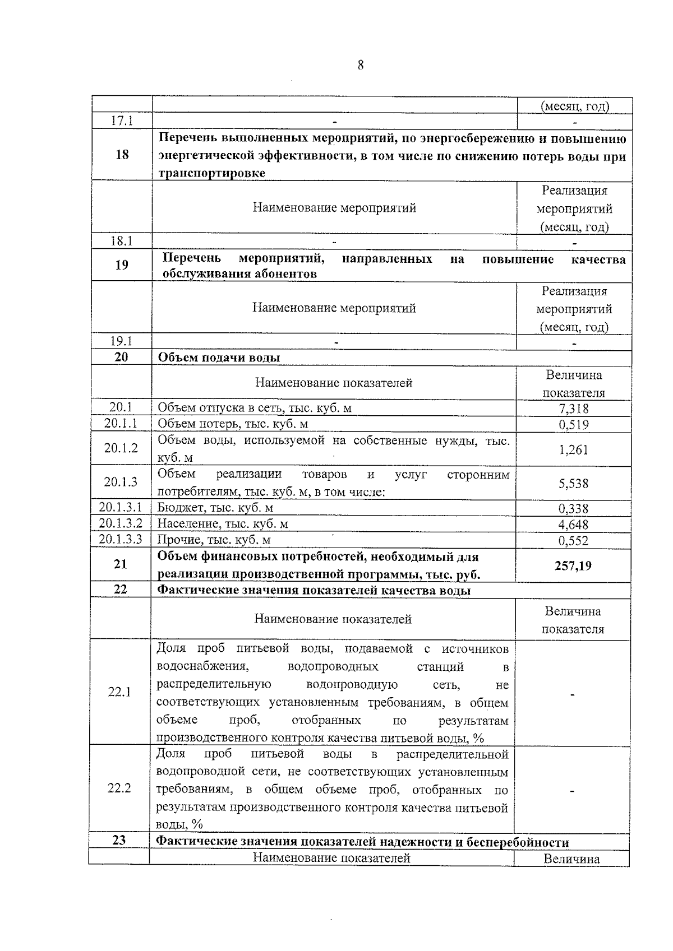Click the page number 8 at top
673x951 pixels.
click(x=361, y=66)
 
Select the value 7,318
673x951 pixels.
click(x=573, y=409)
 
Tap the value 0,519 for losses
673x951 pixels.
click(x=573, y=424)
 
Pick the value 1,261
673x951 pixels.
click(x=573, y=449)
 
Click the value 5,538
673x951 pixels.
click(x=573, y=483)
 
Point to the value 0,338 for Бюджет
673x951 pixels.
click(x=573, y=509)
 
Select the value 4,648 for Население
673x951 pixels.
click(x=573, y=525)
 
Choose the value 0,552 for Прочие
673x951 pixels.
click(x=573, y=541)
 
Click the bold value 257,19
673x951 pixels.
click(x=573, y=565)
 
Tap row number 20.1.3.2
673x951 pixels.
click(x=121, y=523)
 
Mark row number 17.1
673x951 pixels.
click(x=122, y=120)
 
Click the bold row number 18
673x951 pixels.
click(x=122, y=155)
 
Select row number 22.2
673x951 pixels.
click(x=119, y=788)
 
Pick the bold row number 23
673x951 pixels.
click(x=119, y=841)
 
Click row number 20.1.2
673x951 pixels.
click(x=121, y=448)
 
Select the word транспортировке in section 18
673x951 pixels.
click(x=211, y=173)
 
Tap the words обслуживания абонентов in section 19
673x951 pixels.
click(x=239, y=274)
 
